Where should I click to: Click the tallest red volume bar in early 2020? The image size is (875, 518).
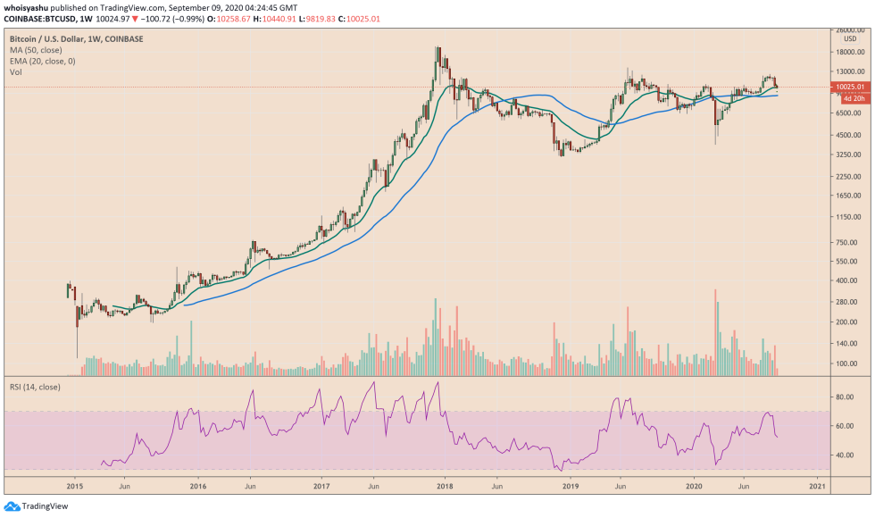[x=716, y=330]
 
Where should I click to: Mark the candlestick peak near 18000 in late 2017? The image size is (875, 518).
[x=437, y=50]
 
